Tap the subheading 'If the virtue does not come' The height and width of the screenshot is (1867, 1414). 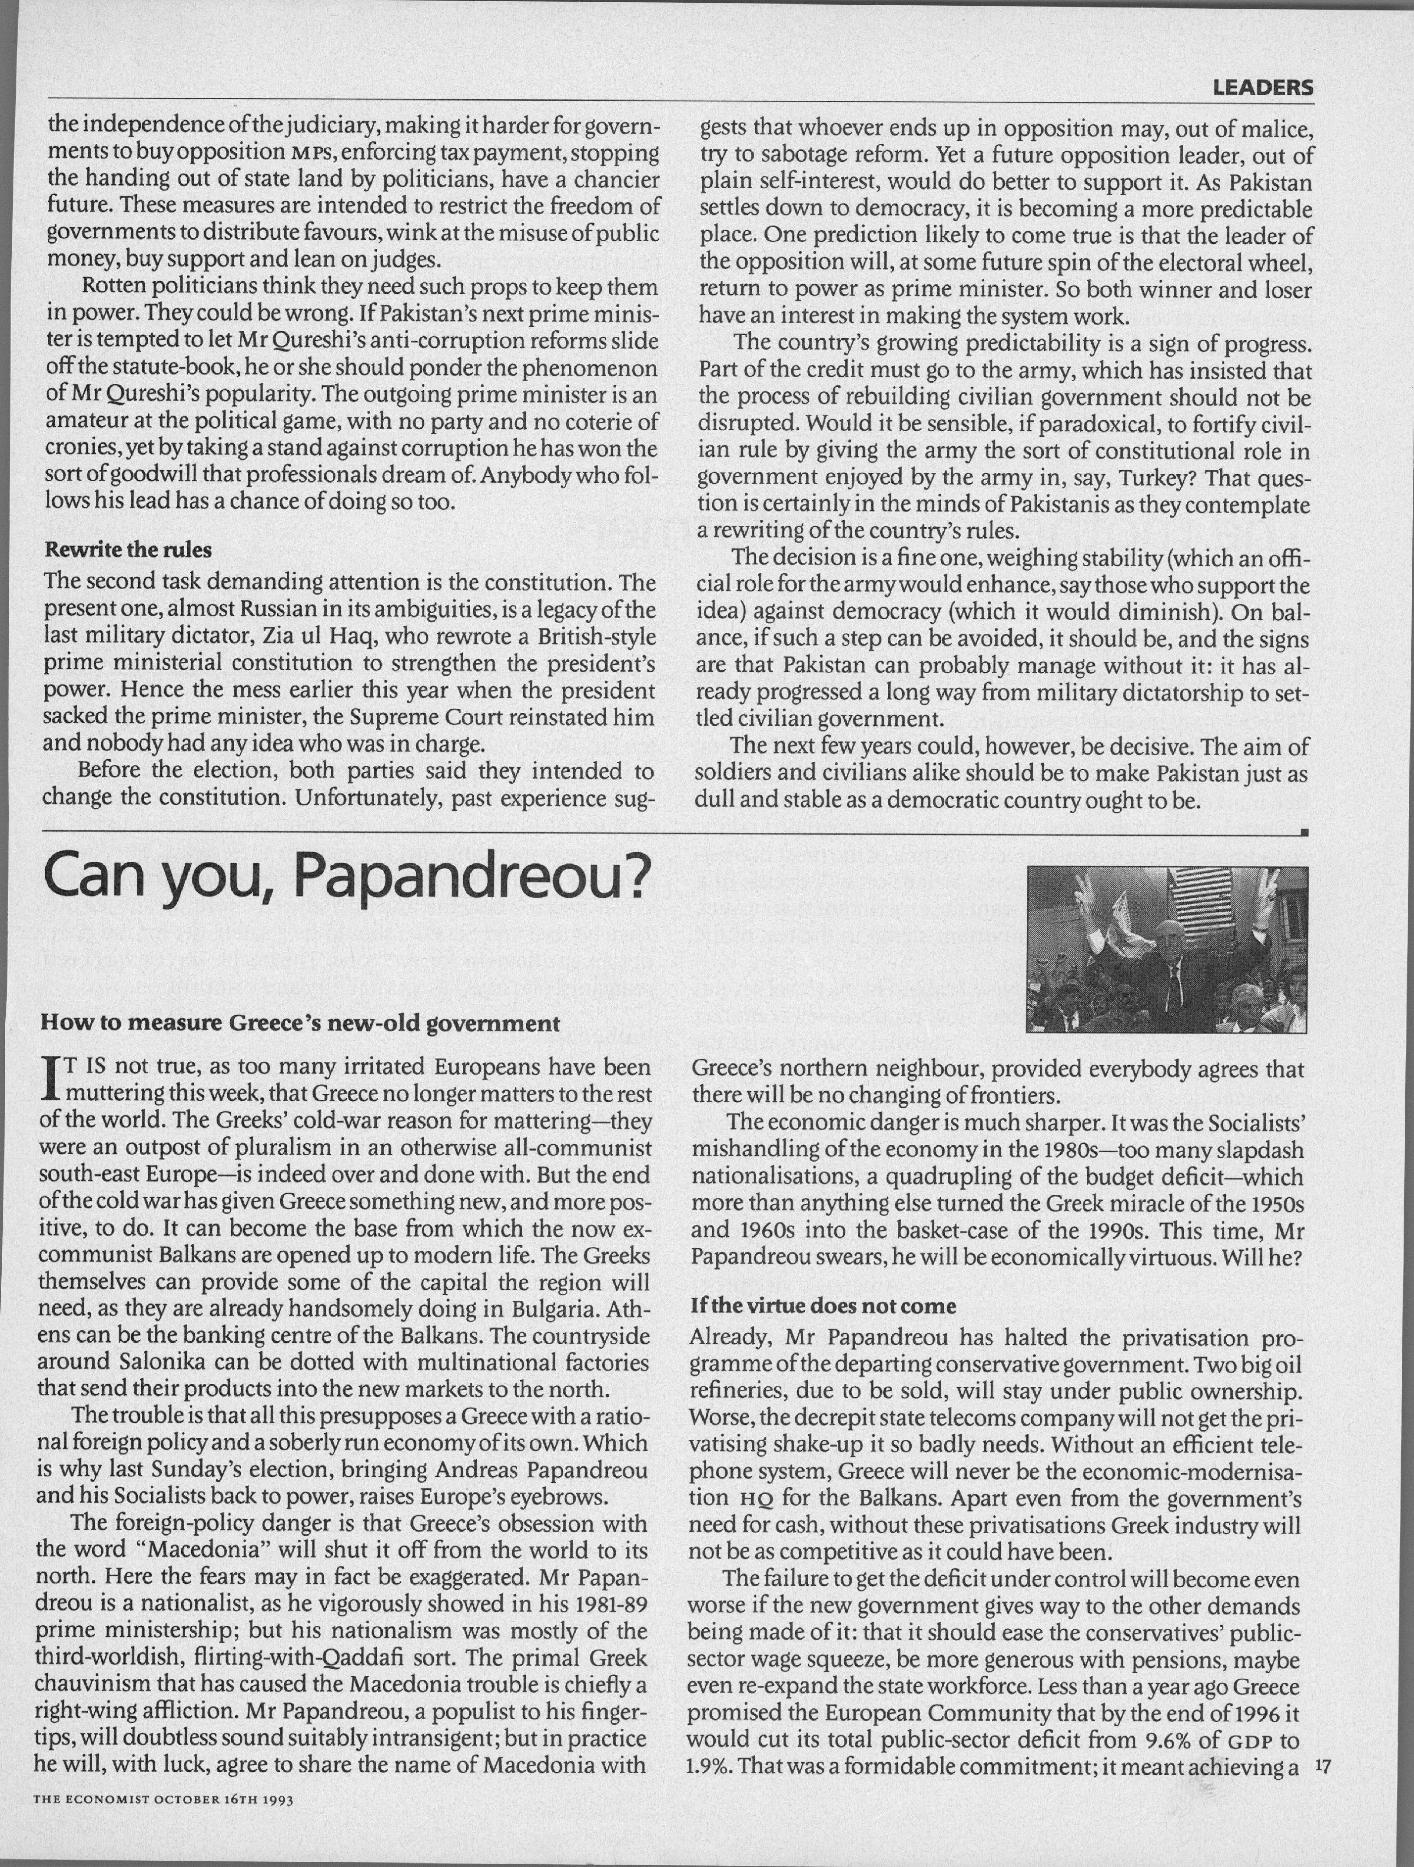(x=823, y=1307)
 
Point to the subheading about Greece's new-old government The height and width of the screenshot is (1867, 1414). (x=300, y=1024)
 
